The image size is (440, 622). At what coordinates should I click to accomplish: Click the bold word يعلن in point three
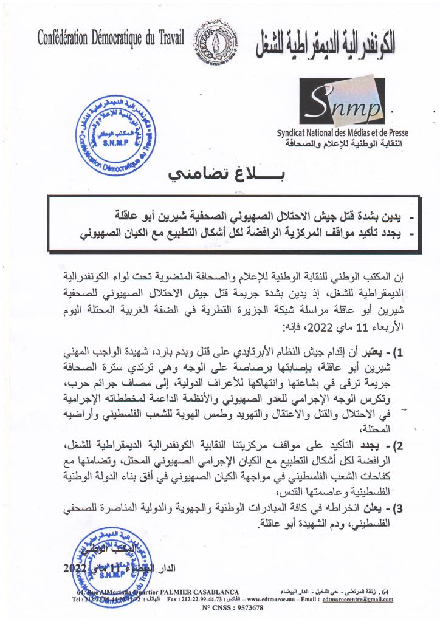pos(371,508)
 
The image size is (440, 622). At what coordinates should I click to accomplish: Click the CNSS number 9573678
pos(240,607)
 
